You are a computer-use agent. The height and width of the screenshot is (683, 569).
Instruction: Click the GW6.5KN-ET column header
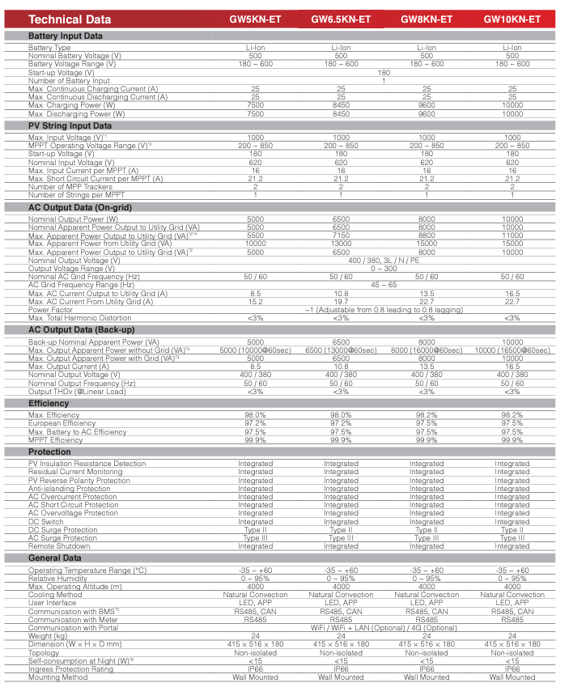coord(341,19)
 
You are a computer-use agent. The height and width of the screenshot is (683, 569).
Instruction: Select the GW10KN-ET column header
coord(512,19)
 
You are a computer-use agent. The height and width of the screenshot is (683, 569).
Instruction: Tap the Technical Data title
coord(67,19)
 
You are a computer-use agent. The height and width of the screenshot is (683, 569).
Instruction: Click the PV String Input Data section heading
coord(70,125)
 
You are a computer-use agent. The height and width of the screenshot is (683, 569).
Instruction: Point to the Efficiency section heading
coord(49,403)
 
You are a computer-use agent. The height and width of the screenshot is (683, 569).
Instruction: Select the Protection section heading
coord(49,452)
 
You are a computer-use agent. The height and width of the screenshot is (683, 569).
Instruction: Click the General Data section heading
coord(55,558)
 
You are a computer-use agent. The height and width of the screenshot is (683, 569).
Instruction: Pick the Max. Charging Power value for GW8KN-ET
coord(427,105)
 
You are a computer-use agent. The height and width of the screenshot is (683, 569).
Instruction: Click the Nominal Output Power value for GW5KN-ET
coord(255,219)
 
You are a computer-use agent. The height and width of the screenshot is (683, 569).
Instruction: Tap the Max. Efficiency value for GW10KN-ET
coord(512,415)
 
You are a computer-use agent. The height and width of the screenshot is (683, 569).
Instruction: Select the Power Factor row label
coord(50,310)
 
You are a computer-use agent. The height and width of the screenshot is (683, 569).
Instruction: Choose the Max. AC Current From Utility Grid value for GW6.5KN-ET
coord(341,302)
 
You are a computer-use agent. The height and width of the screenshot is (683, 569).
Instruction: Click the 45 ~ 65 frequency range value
coord(384,285)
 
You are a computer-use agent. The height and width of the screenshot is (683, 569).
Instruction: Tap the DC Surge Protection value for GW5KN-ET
coord(255,530)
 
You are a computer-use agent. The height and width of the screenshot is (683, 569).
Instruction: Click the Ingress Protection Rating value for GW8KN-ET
coord(427,668)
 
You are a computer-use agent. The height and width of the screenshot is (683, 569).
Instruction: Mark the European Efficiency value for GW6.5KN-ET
coord(341,423)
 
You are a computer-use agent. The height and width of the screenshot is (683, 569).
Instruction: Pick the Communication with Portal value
coord(384,627)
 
